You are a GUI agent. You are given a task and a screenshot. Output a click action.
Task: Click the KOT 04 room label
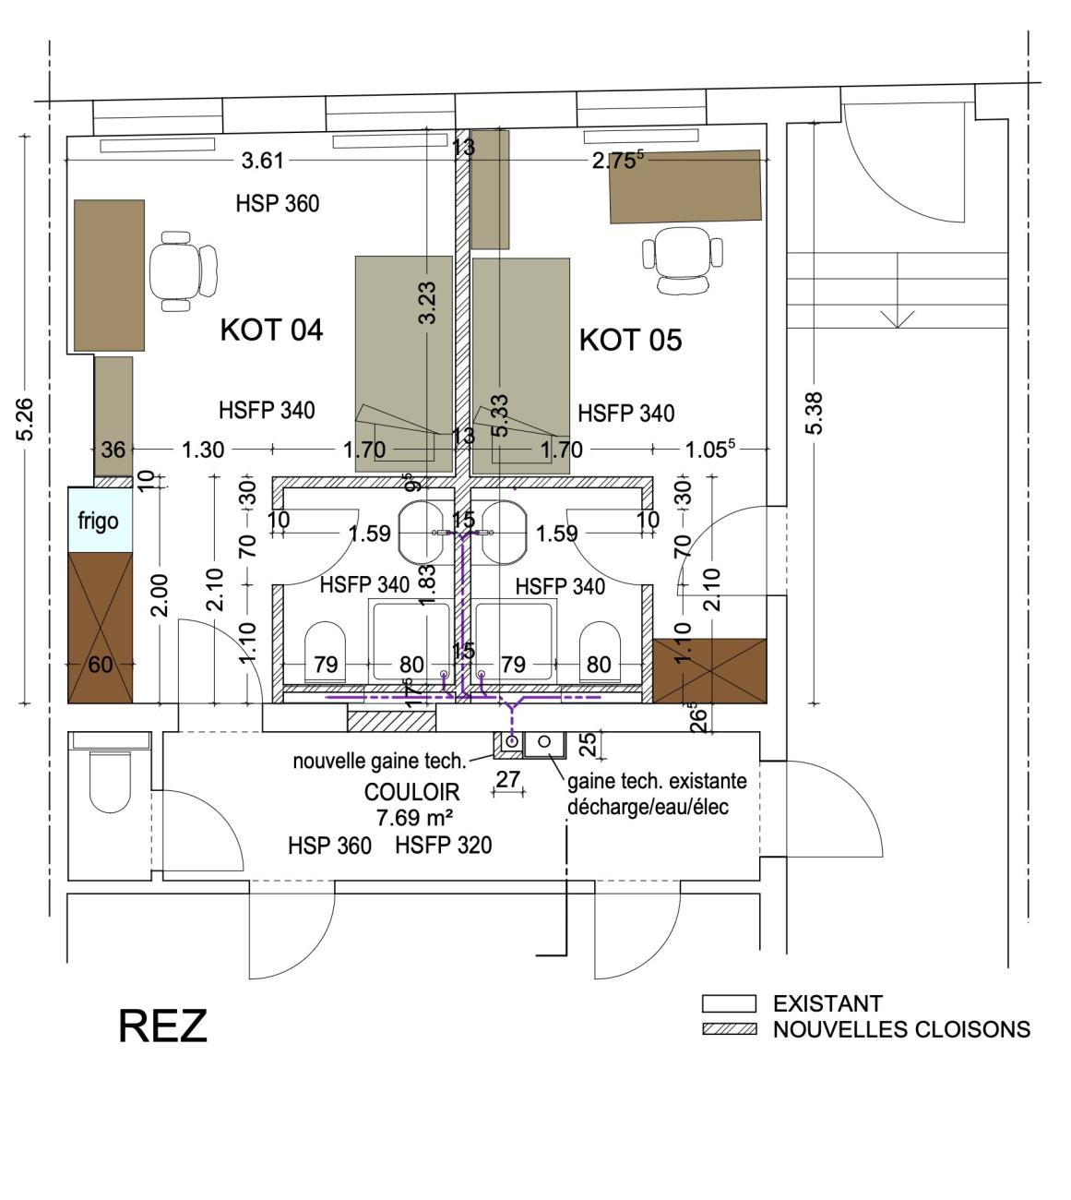[x=272, y=330]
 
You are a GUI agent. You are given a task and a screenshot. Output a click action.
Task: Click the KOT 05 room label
[x=631, y=340]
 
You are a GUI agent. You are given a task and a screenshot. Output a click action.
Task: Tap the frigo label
[x=99, y=522]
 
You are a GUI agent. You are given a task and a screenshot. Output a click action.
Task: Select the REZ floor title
[x=162, y=1026]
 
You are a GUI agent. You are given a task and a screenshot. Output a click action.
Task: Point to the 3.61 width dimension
[x=262, y=161]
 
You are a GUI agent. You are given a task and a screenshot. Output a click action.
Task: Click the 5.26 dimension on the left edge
[x=26, y=419]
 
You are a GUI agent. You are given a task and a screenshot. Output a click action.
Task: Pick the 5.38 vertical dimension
[x=815, y=413]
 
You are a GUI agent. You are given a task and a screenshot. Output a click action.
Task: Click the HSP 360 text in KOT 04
[x=278, y=204]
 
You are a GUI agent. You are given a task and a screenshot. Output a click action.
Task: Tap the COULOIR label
[x=412, y=793]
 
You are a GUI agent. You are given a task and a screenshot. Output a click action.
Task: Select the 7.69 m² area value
[x=414, y=818]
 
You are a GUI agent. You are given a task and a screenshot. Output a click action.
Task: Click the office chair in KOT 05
[x=683, y=259]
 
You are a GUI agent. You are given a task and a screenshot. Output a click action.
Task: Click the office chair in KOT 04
[x=183, y=271]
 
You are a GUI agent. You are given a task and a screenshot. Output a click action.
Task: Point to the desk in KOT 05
[x=685, y=186]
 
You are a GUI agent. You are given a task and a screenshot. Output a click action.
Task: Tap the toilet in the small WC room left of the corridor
[x=110, y=779]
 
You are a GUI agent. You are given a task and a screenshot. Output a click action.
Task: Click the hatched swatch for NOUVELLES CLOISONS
[x=729, y=1029]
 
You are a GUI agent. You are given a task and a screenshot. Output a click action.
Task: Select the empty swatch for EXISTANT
[x=729, y=1003]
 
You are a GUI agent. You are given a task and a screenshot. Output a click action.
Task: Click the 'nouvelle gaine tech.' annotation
[x=379, y=762]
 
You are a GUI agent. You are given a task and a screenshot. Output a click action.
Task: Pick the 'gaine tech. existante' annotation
[x=657, y=782]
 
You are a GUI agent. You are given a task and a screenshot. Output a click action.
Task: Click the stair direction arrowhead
[x=898, y=319]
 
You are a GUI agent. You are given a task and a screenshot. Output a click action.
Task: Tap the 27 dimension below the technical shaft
[x=508, y=779]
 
